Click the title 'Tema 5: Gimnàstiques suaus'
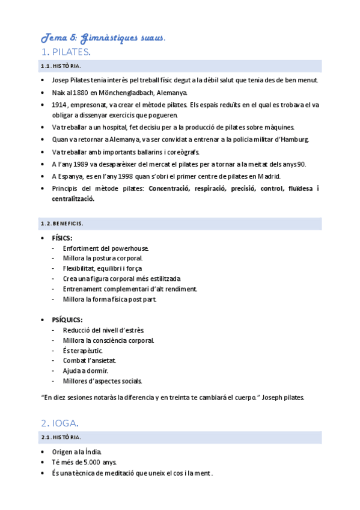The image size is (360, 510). (x=103, y=37)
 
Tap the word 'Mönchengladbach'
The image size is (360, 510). (x=132, y=93)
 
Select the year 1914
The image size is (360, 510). (x=59, y=105)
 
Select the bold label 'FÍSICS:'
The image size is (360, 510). (x=62, y=238)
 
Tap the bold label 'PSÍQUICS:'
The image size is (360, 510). (x=67, y=319)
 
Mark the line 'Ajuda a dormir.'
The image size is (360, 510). (x=85, y=370)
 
